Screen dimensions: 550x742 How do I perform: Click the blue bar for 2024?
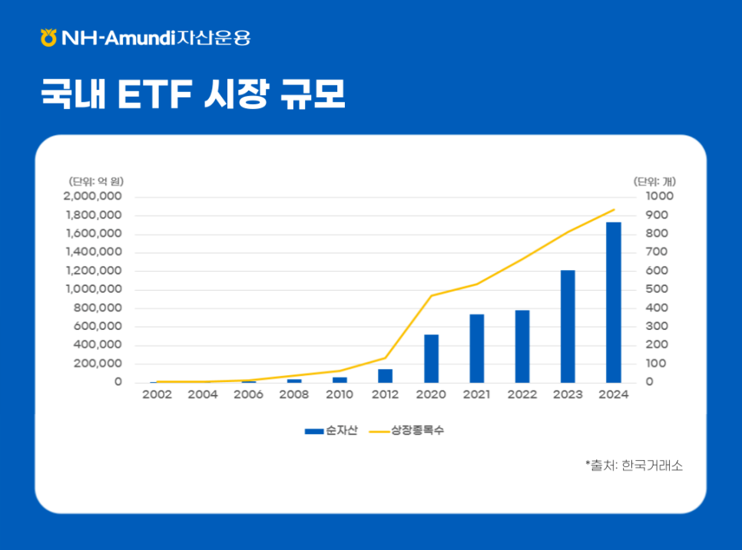(x=613, y=302)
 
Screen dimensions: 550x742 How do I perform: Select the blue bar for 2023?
(x=568, y=326)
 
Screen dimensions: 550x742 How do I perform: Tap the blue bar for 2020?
(x=431, y=358)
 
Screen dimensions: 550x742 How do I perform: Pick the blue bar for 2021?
(x=477, y=348)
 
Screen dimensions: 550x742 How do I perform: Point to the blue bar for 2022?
(x=522, y=346)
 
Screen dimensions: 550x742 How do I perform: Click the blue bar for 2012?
(x=385, y=375)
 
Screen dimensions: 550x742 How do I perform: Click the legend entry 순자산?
(x=336, y=431)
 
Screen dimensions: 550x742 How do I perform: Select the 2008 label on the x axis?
(x=293, y=395)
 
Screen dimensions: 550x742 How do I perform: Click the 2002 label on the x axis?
(x=157, y=395)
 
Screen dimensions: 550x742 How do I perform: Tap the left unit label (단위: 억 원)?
(x=96, y=182)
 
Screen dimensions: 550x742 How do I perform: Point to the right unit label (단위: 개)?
(x=654, y=182)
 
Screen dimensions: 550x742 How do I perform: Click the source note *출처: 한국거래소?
(x=634, y=465)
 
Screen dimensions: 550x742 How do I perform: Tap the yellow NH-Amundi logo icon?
(x=48, y=37)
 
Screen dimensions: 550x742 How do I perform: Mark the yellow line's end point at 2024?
(x=614, y=209)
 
